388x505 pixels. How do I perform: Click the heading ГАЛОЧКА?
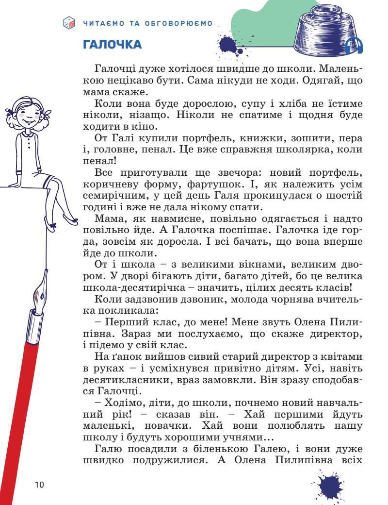pos(113,45)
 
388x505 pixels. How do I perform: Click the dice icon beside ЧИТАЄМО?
pos(69,23)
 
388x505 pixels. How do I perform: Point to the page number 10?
pos(39,484)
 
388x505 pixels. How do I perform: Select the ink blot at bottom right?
pos(330,486)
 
